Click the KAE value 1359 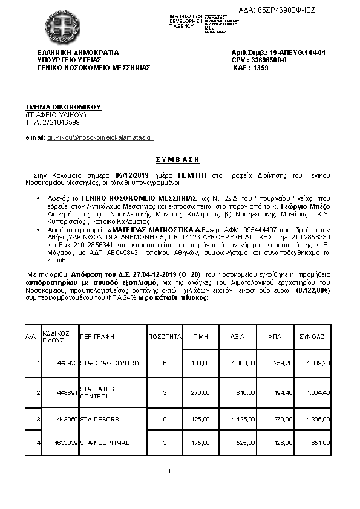[x=260, y=68]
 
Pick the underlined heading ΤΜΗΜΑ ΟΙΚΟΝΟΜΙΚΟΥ [x=63, y=106]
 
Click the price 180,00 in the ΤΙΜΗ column [x=200, y=363]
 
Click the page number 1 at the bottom [x=170, y=471]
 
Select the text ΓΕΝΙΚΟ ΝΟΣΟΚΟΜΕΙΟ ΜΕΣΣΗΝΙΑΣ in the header [x=93, y=68]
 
